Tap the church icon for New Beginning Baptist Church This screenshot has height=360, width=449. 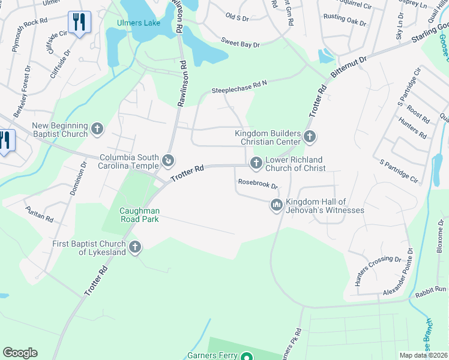(97, 128)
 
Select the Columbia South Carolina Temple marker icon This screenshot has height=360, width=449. (169, 161)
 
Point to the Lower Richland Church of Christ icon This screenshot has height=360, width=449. (256, 163)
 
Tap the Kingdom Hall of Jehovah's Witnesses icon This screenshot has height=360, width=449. (277, 205)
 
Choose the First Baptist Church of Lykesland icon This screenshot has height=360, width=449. (135, 247)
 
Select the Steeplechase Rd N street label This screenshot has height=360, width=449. (238, 88)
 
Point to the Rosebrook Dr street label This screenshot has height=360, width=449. (258, 185)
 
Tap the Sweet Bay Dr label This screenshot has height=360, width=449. (240, 43)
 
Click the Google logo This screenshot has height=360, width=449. (20, 353)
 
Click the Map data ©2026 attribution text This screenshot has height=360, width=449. (423, 355)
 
